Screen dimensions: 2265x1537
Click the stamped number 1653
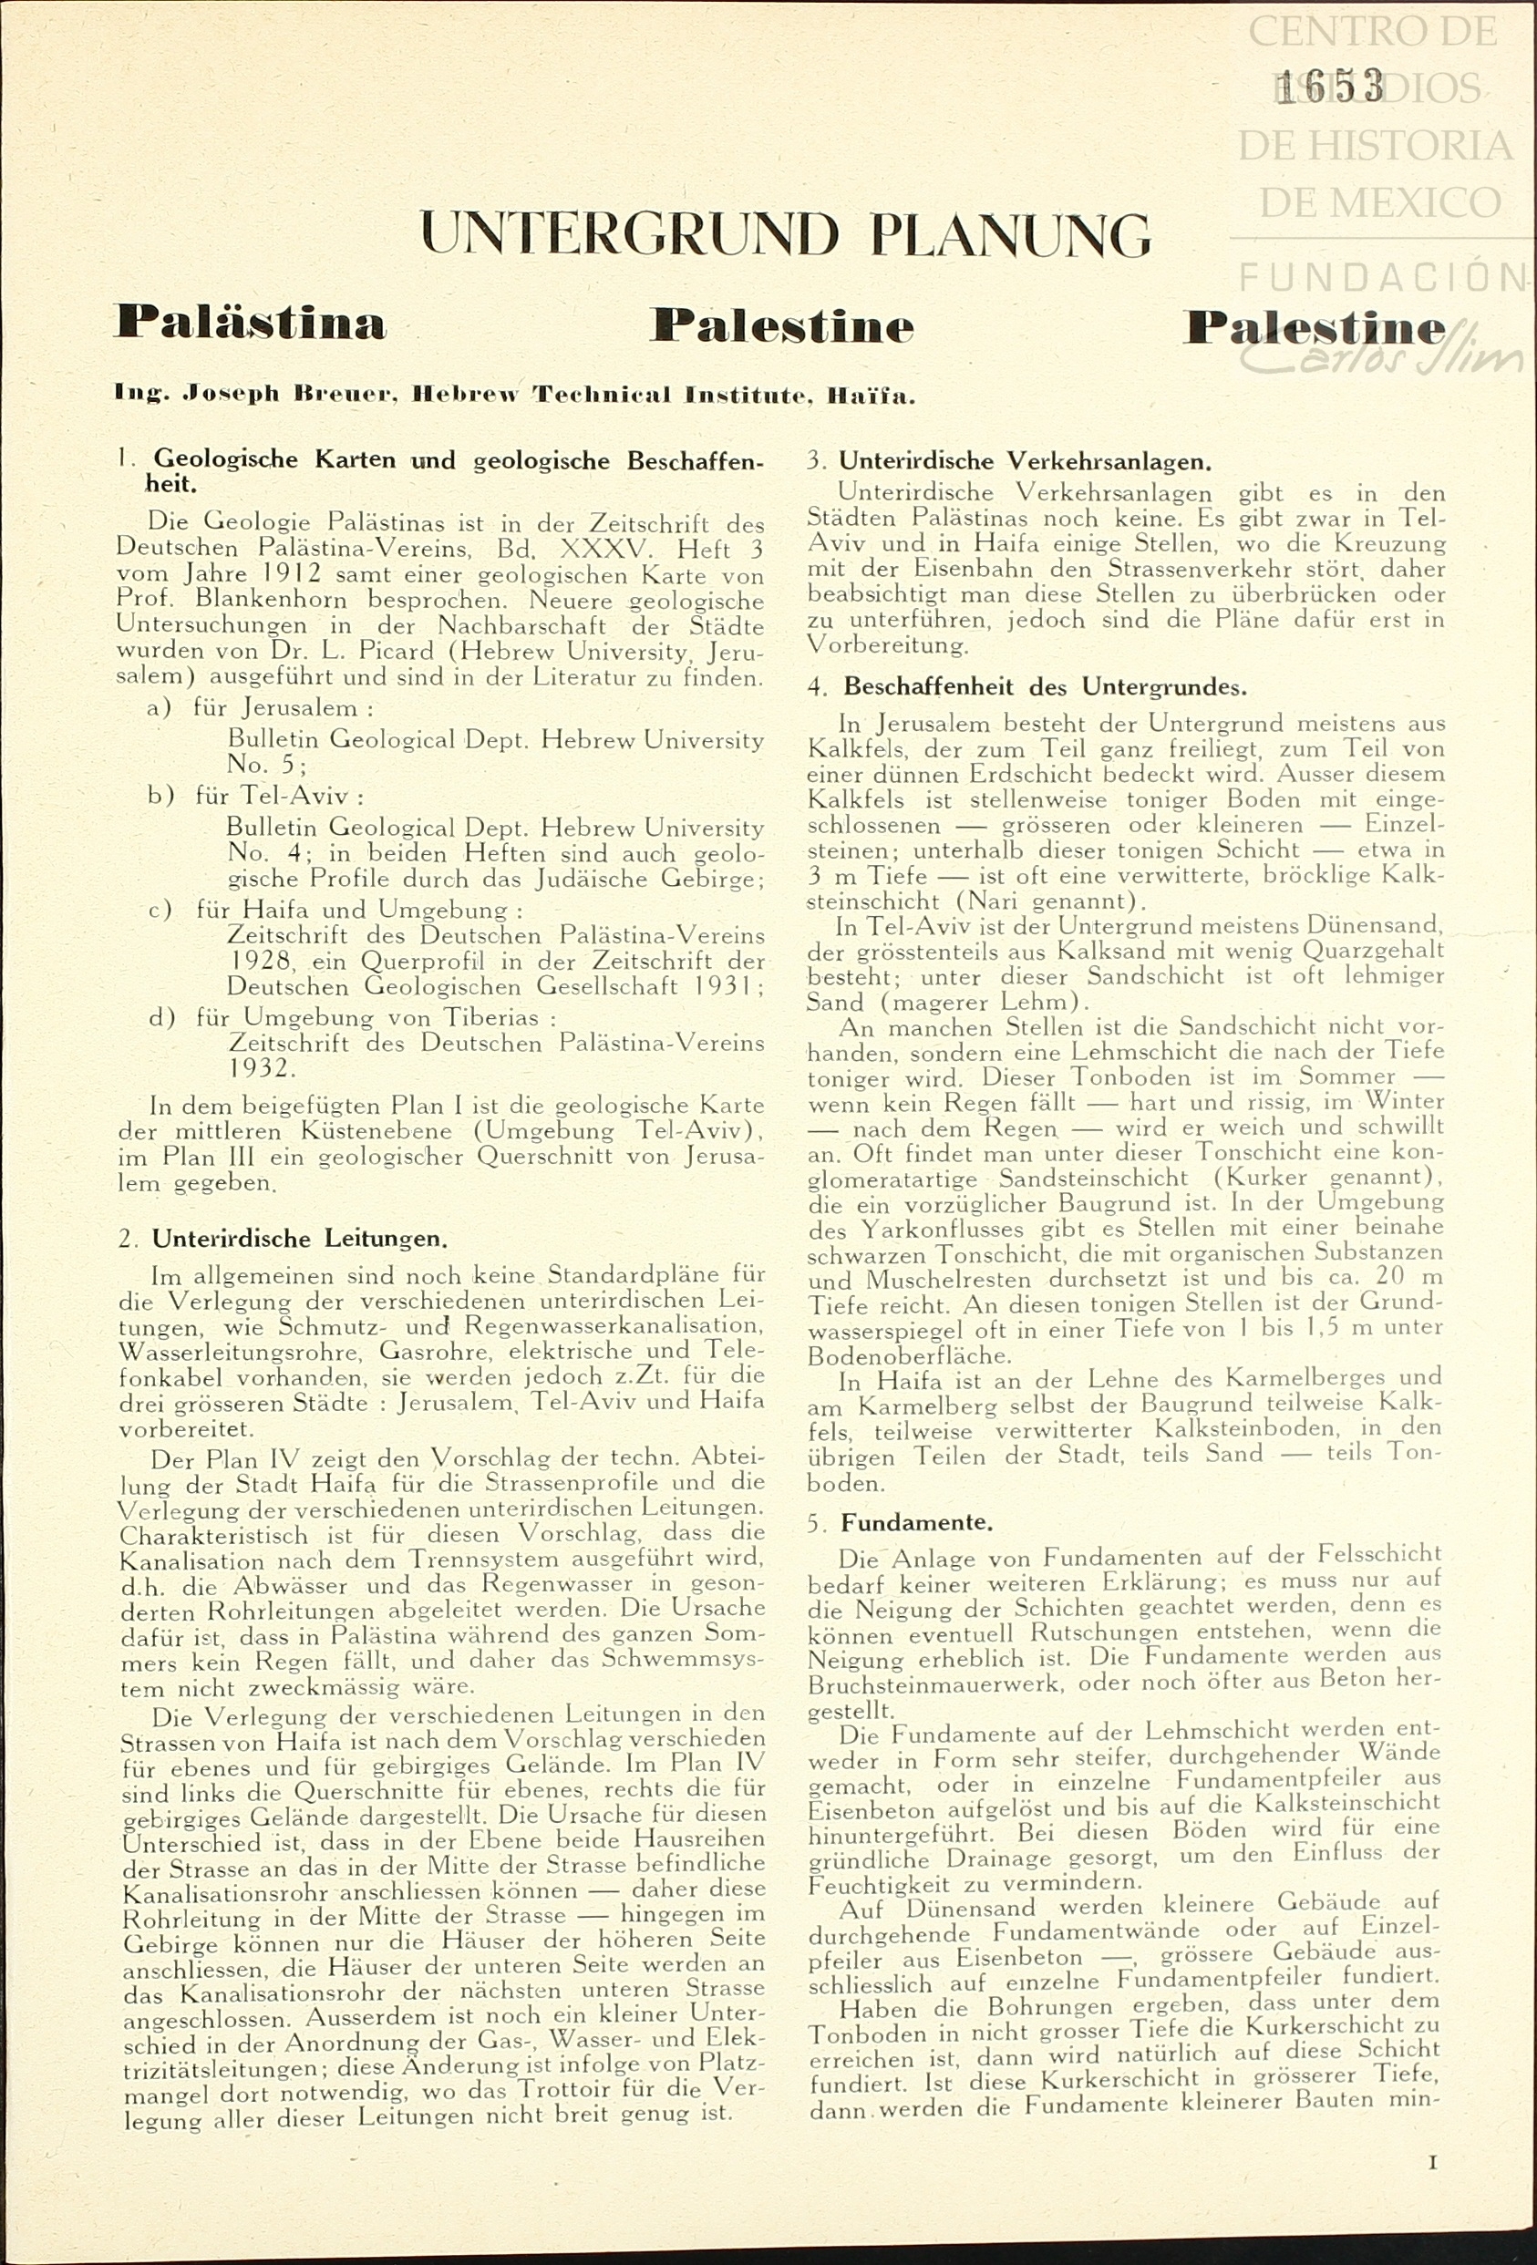pos(1330,87)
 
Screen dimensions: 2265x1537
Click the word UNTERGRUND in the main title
pos(629,235)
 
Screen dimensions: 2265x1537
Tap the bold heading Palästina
pos(251,323)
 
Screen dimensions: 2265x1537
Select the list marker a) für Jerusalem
pos(159,707)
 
